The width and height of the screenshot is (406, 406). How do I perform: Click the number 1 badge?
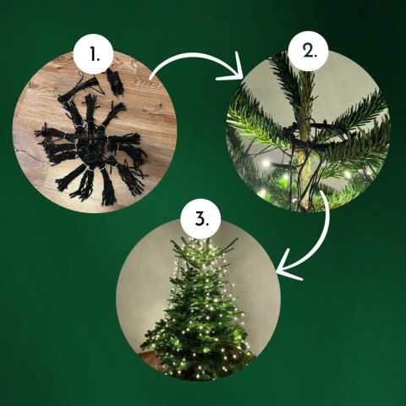coord(93,54)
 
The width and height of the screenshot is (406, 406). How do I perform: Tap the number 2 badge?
coord(309,51)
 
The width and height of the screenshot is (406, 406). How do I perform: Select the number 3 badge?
coord(200,219)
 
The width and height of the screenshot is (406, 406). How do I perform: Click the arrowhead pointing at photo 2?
coord(234,70)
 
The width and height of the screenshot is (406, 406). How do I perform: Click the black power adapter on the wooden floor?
coord(114,81)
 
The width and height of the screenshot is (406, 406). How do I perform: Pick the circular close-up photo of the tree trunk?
coord(309,131)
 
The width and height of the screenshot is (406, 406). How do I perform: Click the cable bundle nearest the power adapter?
coord(79,91)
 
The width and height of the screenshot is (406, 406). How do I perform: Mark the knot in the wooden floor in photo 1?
coord(160,107)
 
